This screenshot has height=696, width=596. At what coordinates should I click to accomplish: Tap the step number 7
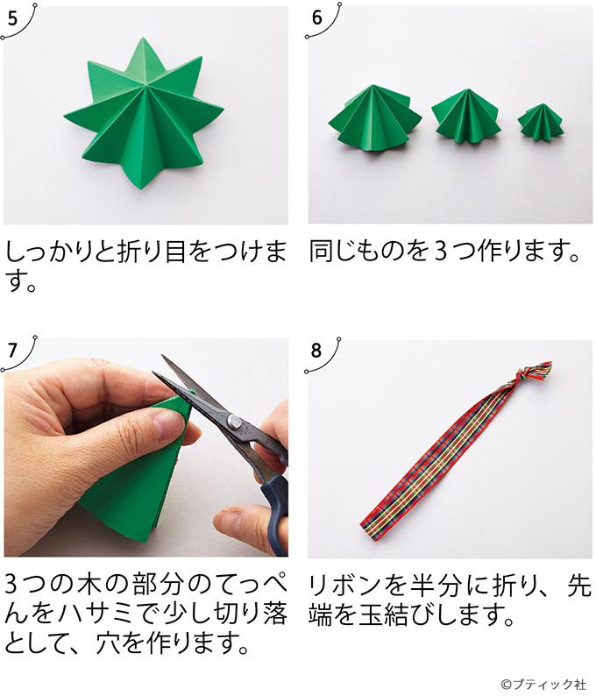pos(11,349)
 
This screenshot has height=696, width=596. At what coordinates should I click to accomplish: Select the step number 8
pos(316,349)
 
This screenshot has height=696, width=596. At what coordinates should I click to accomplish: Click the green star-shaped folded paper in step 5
pos(144,115)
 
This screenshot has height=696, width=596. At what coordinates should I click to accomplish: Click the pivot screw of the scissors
pos(234,422)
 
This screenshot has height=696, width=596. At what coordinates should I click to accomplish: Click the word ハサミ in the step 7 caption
pos(103,616)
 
